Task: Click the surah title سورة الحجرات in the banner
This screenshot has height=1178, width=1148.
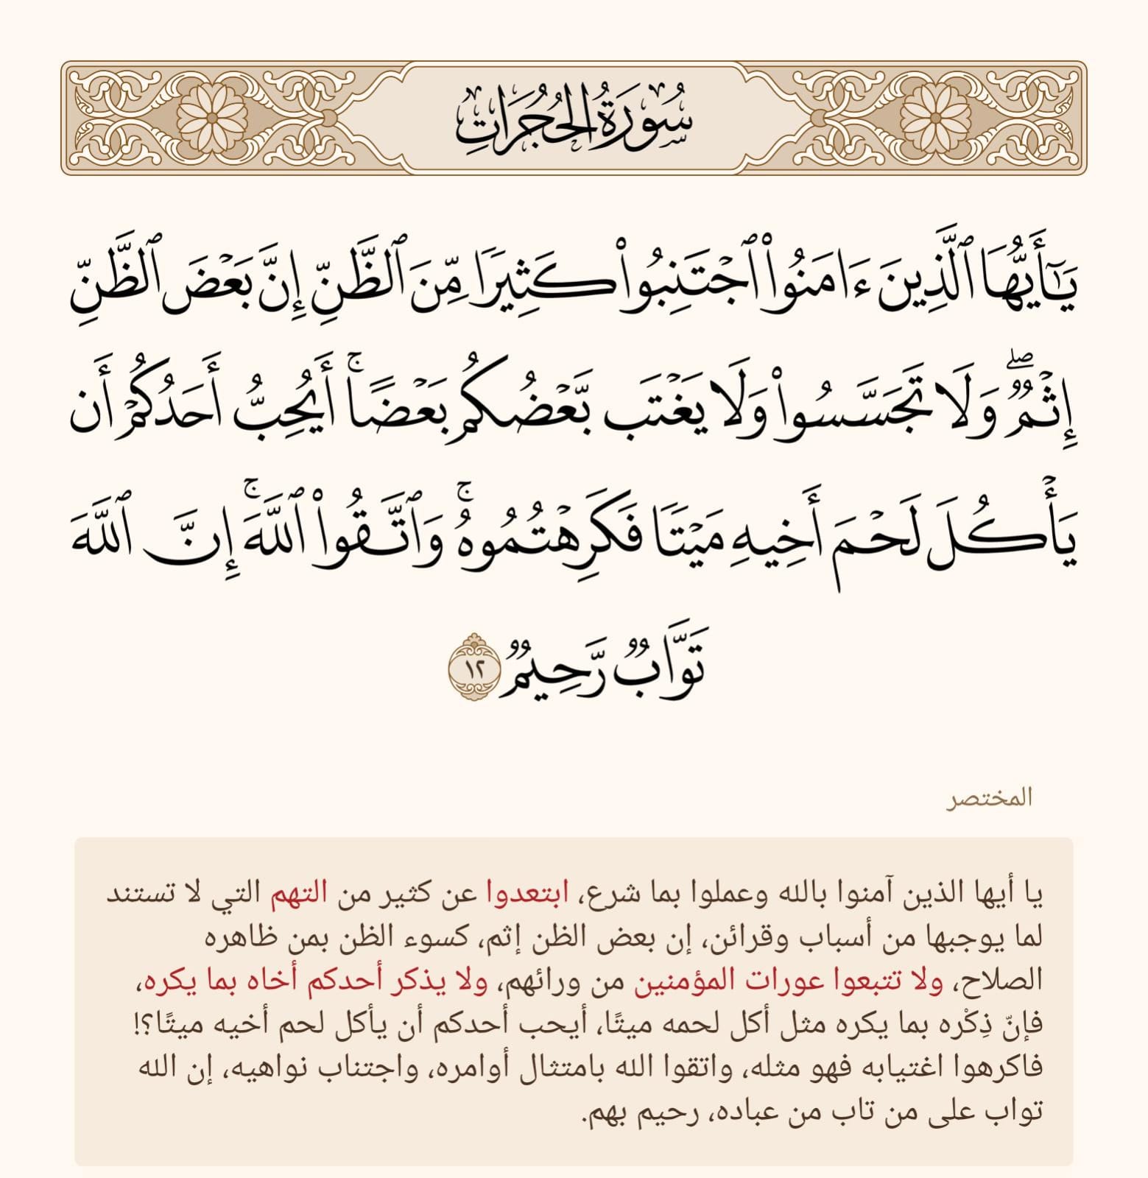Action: [574, 118]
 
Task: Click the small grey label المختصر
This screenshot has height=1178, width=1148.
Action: [989, 799]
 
